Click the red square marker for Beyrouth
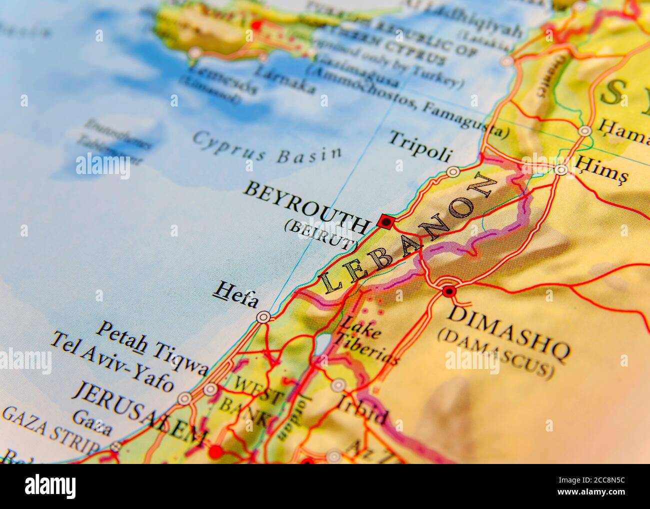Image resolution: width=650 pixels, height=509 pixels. (x=384, y=221)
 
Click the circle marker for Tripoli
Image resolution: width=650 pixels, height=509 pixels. (x=453, y=172)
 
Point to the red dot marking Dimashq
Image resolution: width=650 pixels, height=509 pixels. (x=448, y=291)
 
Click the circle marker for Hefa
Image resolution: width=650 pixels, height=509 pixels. (x=263, y=317)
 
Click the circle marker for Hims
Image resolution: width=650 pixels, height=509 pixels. (x=561, y=170)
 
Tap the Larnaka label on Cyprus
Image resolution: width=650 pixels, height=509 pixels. (x=285, y=79)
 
